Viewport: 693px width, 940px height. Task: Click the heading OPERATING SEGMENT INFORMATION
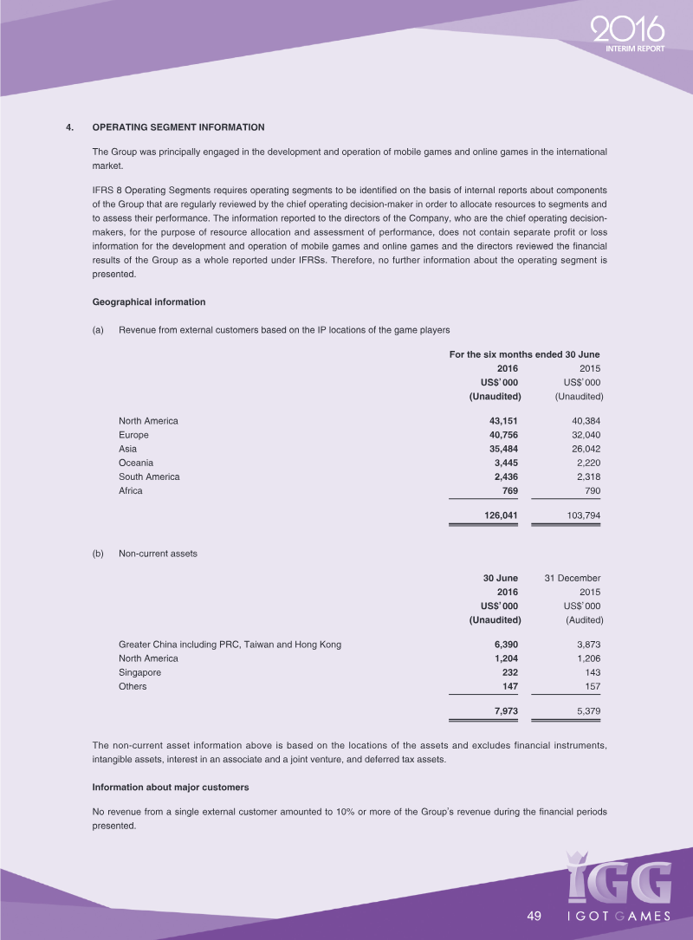178,127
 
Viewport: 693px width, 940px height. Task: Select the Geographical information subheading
148,302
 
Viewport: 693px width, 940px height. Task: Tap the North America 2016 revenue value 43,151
501,421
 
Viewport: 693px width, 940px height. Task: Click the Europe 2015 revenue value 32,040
582,435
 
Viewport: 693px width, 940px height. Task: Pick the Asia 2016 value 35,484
501,449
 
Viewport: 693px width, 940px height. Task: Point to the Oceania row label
136,463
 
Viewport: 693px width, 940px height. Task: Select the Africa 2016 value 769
509,490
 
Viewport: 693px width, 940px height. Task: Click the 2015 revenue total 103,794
580,515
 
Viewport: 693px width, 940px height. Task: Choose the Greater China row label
230,645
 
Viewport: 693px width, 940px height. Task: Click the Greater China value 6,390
504,645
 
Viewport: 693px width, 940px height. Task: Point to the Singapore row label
139,672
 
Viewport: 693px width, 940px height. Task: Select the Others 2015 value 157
591,686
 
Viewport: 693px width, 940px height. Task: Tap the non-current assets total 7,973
504,711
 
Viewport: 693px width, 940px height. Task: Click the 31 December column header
572,578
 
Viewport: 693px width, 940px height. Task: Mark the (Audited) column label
584,619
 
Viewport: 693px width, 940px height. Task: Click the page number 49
534,917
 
